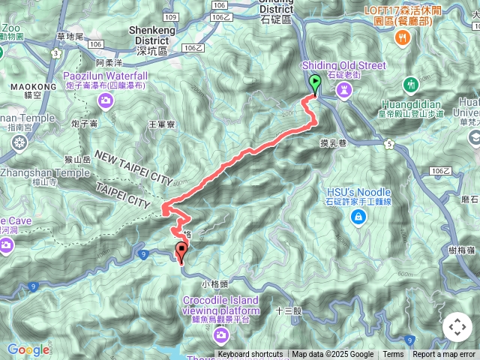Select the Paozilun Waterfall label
pos(105,76)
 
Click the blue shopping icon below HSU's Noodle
pos(359,217)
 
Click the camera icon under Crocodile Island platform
pos(221,331)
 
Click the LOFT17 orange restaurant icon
pos(403,37)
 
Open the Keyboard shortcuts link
pos(250,355)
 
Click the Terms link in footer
pos(393,355)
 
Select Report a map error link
pos(444,355)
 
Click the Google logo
pos(28,349)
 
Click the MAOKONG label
pos(34,87)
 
